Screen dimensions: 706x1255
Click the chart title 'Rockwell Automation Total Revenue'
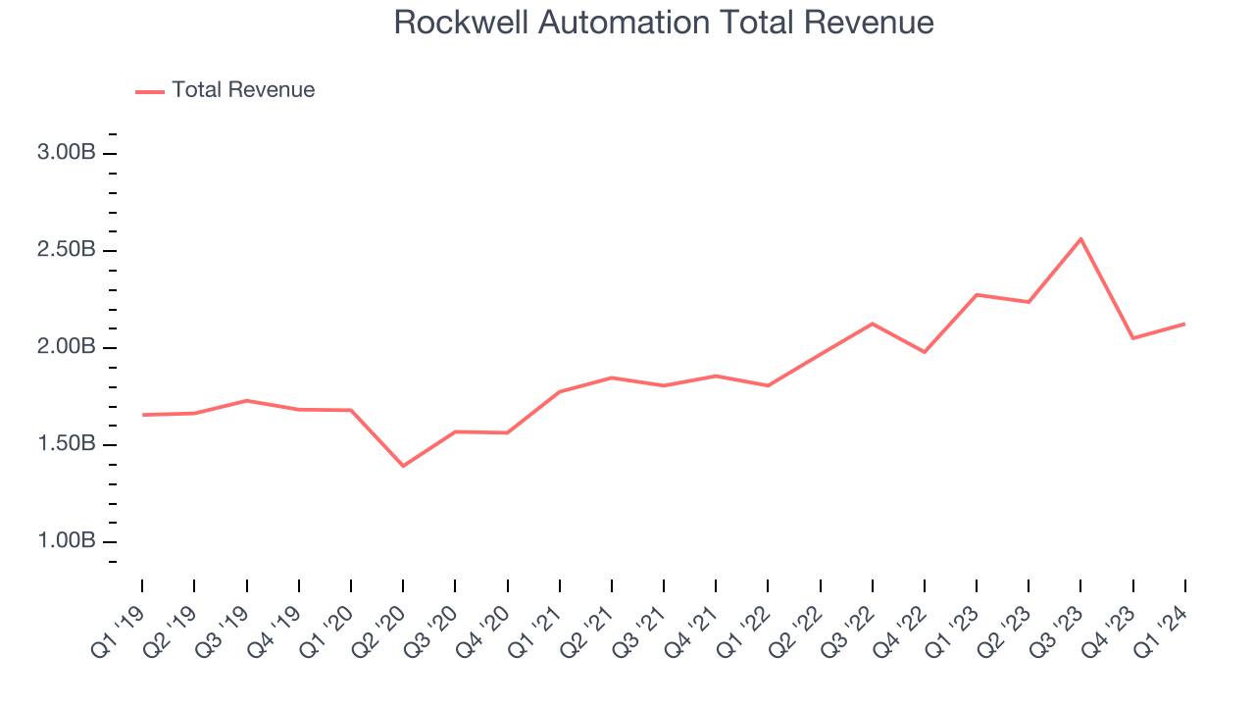click(x=663, y=23)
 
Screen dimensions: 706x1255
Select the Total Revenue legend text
click(x=243, y=90)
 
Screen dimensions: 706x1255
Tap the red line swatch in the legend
click(x=150, y=91)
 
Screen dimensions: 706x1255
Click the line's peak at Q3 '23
click(x=1080, y=238)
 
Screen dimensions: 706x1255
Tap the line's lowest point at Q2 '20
click(x=403, y=466)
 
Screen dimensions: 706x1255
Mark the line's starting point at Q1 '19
click(x=142, y=415)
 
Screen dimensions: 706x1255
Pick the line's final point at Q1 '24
click(x=1184, y=324)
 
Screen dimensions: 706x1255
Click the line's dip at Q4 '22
click(x=925, y=352)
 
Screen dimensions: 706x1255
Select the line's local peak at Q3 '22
click(x=873, y=324)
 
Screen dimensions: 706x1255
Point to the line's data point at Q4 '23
click(x=1132, y=338)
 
